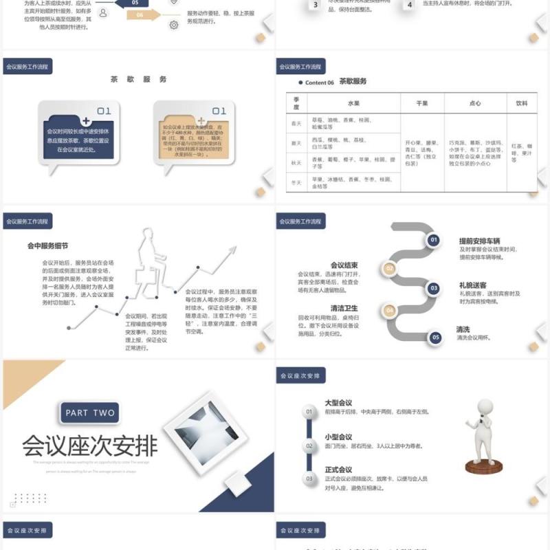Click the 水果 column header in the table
point(353,103)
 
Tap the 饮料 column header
point(521,103)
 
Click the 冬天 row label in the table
point(296,182)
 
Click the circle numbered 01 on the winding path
point(434,240)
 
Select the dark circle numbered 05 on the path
point(434,338)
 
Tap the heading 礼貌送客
point(473,285)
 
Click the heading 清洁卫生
point(344,308)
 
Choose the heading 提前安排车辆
point(479,241)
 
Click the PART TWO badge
point(90,413)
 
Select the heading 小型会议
point(338,437)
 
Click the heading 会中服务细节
point(47,245)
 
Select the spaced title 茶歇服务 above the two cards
point(138,79)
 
